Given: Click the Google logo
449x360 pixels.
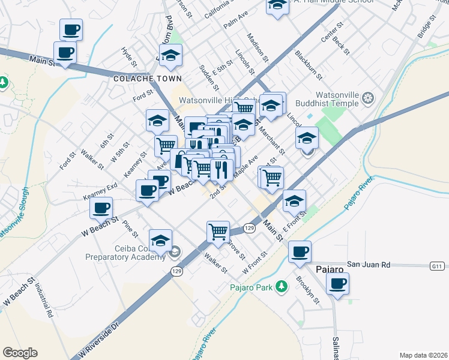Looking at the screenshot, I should pyautogui.click(x=20, y=353).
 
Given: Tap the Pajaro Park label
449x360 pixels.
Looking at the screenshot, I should pyautogui.click(x=252, y=287).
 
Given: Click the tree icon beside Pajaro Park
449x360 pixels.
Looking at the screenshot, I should pyautogui.click(x=280, y=287).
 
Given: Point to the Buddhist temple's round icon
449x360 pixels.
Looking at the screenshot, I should pyautogui.click(x=369, y=98).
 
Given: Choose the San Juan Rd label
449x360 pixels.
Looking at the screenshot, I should pyautogui.click(x=369, y=264).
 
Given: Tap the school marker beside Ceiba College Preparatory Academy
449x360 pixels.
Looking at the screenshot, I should pyautogui.click(x=160, y=240).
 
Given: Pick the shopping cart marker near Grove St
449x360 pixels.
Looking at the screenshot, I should pyautogui.click(x=218, y=231).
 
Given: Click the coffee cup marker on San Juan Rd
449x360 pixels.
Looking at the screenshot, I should pyautogui.click(x=300, y=251).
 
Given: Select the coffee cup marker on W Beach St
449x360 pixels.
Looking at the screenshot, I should pyautogui.click(x=101, y=208).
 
